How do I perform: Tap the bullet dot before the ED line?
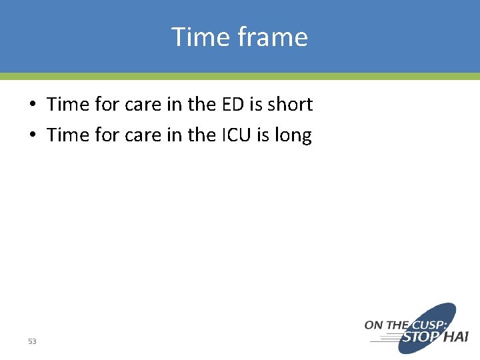[x=32, y=105]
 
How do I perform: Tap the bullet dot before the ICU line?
[x=32, y=136]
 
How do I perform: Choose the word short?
[x=290, y=104]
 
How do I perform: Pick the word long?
[x=293, y=136]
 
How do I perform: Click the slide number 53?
[x=32, y=341]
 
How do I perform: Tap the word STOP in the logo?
[x=419, y=337]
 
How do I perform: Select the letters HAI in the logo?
[x=456, y=337]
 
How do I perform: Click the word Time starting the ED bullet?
[x=68, y=104]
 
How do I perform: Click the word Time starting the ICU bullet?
[x=68, y=135]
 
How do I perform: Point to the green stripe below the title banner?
[x=240, y=77]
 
